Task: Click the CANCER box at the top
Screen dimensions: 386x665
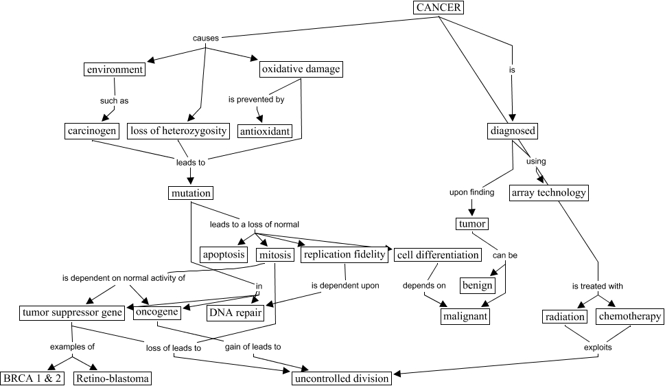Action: pos(439,8)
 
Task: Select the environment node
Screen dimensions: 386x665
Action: pos(115,69)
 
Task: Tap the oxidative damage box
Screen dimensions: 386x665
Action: pos(301,69)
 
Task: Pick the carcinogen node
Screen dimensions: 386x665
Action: pos(93,130)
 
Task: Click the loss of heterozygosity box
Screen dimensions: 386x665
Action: pos(178,130)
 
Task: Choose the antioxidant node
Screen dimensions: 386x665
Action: pos(265,130)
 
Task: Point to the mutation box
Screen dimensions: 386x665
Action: pos(190,193)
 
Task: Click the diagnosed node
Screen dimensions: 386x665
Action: pos(513,130)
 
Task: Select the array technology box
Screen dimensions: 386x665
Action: pos(548,193)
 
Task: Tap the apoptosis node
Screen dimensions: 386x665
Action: pos(224,255)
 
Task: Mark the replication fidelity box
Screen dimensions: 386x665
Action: pos(344,255)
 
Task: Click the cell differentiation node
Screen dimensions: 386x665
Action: pos(438,255)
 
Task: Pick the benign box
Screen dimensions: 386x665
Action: pos(478,285)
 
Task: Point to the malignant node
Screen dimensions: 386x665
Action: pos(465,316)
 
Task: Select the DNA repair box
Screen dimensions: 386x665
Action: pos(235,313)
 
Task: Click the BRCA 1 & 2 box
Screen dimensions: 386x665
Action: pos(33,378)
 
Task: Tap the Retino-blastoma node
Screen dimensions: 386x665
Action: pos(113,378)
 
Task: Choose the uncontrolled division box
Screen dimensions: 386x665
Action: pos(342,378)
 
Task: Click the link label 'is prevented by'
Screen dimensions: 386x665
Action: pos(256,100)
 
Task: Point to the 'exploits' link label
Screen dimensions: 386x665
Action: pos(598,348)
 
